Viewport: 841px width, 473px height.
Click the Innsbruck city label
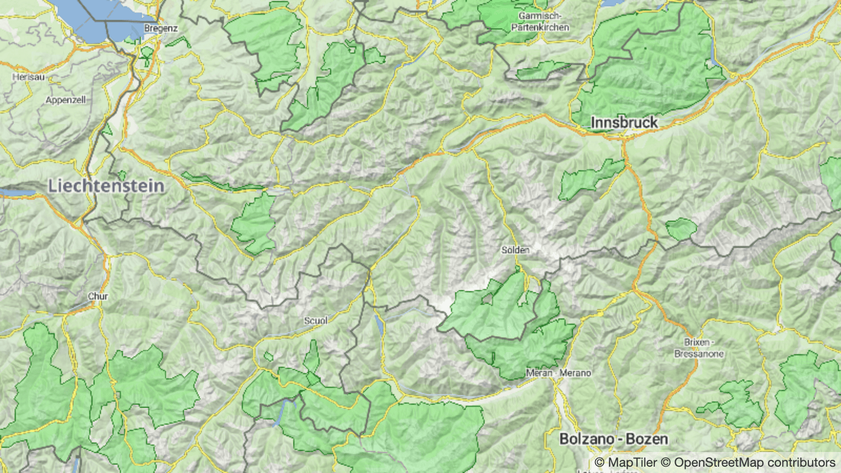tap(624, 122)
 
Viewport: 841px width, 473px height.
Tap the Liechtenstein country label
tap(106, 186)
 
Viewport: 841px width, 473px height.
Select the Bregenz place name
tap(161, 28)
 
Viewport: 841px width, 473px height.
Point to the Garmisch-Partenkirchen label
tap(540, 22)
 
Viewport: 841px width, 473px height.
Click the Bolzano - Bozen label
tap(613, 439)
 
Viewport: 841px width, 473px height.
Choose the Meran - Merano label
tap(558, 373)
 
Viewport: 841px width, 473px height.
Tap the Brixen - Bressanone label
tap(699, 348)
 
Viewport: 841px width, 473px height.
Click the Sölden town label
tap(515, 250)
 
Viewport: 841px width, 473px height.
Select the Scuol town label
tap(315, 321)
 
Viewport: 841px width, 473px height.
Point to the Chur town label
tap(98, 296)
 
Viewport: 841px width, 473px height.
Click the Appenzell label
tap(66, 100)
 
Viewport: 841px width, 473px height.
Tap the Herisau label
tap(28, 77)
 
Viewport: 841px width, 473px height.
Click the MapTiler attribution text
tap(625, 462)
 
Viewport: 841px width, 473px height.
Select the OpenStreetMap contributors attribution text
tap(754, 462)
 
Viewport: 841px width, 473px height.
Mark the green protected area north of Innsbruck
tap(652, 63)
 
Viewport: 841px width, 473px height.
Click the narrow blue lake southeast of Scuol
tap(380, 326)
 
